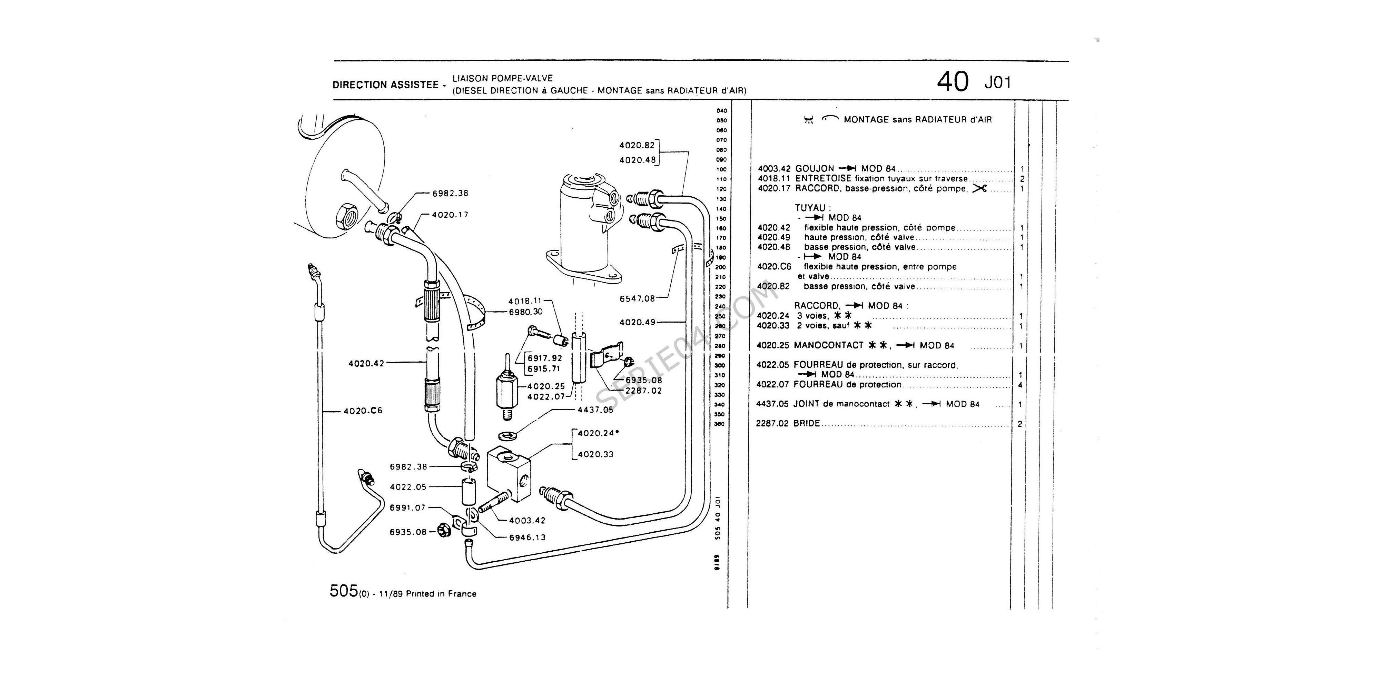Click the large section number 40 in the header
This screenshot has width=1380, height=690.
[x=953, y=82]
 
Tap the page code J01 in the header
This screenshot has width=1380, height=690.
[x=997, y=83]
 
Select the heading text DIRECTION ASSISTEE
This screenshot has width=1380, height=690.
[x=385, y=85]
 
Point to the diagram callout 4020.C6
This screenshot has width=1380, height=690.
[x=363, y=411]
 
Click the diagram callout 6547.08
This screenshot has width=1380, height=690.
[x=637, y=298]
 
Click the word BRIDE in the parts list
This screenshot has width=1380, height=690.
[x=807, y=423]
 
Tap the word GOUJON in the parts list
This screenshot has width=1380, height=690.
[x=814, y=169]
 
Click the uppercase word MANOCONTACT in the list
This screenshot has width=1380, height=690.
[x=828, y=346]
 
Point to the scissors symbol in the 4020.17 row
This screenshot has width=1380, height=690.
[x=979, y=188]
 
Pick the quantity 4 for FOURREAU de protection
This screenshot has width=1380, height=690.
[x=1020, y=385]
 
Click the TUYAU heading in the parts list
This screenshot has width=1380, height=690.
[x=810, y=208]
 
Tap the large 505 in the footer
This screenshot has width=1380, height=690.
[x=343, y=591]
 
